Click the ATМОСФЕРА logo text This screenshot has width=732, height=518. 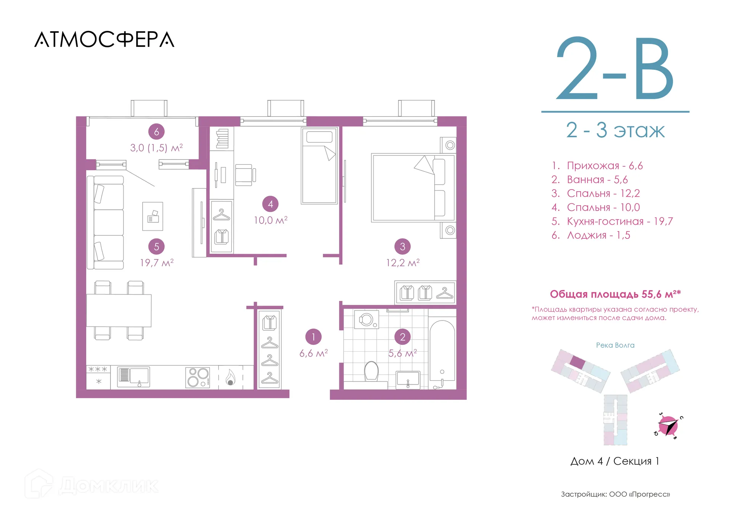point(104,40)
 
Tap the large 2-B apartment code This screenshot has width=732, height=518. point(615,69)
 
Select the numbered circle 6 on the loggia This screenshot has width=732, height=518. point(156,132)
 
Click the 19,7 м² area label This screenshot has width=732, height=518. point(157,263)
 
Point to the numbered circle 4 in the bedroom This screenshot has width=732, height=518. point(270,204)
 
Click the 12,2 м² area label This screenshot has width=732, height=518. point(403,263)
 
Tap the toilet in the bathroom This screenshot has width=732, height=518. point(371,371)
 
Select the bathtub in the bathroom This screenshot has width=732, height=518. point(442,351)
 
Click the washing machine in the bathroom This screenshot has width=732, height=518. point(367,320)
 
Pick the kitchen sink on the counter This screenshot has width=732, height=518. point(133,377)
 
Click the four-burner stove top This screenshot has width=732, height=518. point(198,377)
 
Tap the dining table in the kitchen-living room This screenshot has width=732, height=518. point(119,310)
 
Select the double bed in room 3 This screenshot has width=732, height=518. point(413,188)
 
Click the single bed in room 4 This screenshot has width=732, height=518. point(319,166)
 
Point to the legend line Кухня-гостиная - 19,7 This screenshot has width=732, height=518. point(612,221)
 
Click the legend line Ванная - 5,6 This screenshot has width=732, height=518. point(589,180)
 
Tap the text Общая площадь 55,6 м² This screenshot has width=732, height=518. point(615,294)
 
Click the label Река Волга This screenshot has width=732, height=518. point(615,345)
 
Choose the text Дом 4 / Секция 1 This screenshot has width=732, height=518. point(615,461)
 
